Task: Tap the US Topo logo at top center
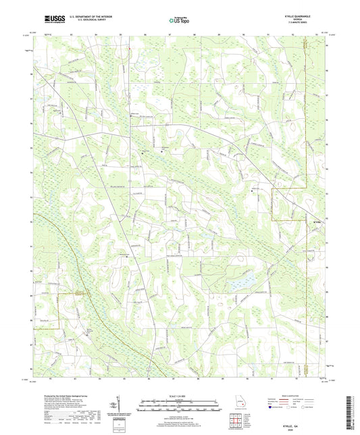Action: [x=179, y=21]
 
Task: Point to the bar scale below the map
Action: [x=180, y=406]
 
